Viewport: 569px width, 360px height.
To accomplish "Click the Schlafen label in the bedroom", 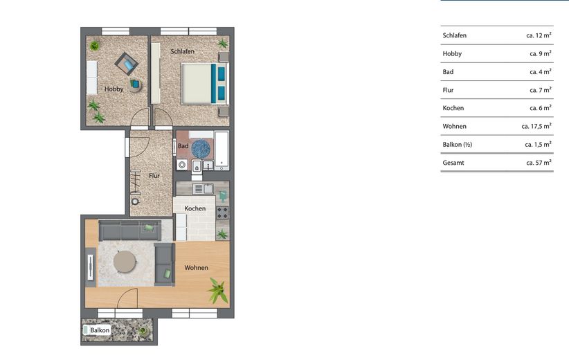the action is pyautogui.click(x=183, y=51).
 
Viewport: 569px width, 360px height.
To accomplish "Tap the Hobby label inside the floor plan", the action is pyautogui.click(x=114, y=89).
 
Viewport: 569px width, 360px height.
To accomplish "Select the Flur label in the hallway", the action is pyautogui.click(x=154, y=176).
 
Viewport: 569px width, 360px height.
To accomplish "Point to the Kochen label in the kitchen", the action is pyautogui.click(x=195, y=208).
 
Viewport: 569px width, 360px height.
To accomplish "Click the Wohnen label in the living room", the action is pyautogui.click(x=197, y=267).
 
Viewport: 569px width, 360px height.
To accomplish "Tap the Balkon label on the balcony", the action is pyautogui.click(x=100, y=330).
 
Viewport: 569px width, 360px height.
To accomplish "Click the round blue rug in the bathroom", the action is pyautogui.click(x=201, y=149).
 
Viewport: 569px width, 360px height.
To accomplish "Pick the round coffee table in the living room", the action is pyautogui.click(x=125, y=262).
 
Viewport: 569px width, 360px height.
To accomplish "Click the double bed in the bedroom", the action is pyautogui.click(x=205, y=84).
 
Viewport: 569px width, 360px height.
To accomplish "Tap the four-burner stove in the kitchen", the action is pyautogui.click(x=222, y=213).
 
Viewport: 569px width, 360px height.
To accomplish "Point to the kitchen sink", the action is pyautogui.click(x=204, y=189).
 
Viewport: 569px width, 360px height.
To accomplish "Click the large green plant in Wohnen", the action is pyautogui.click(x=218, y=290).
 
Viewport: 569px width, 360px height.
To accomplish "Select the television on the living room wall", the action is pyautogui.click(x=91, y=267).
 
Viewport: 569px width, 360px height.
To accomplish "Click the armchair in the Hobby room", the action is pyautogui.click(x=127, y=64).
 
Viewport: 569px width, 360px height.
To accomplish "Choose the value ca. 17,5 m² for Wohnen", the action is pyautogui.click(x=536, y=126).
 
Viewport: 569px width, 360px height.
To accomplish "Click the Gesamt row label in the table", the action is pyautogui.click(x=453, y=163).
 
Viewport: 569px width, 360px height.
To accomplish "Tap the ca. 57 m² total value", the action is pyautogui.click(x=539, y=163).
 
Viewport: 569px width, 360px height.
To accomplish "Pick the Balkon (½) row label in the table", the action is pyautogui.click(x=458, y=145).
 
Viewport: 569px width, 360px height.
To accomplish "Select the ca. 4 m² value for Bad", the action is pyautogui.click(x=541, y=72).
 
